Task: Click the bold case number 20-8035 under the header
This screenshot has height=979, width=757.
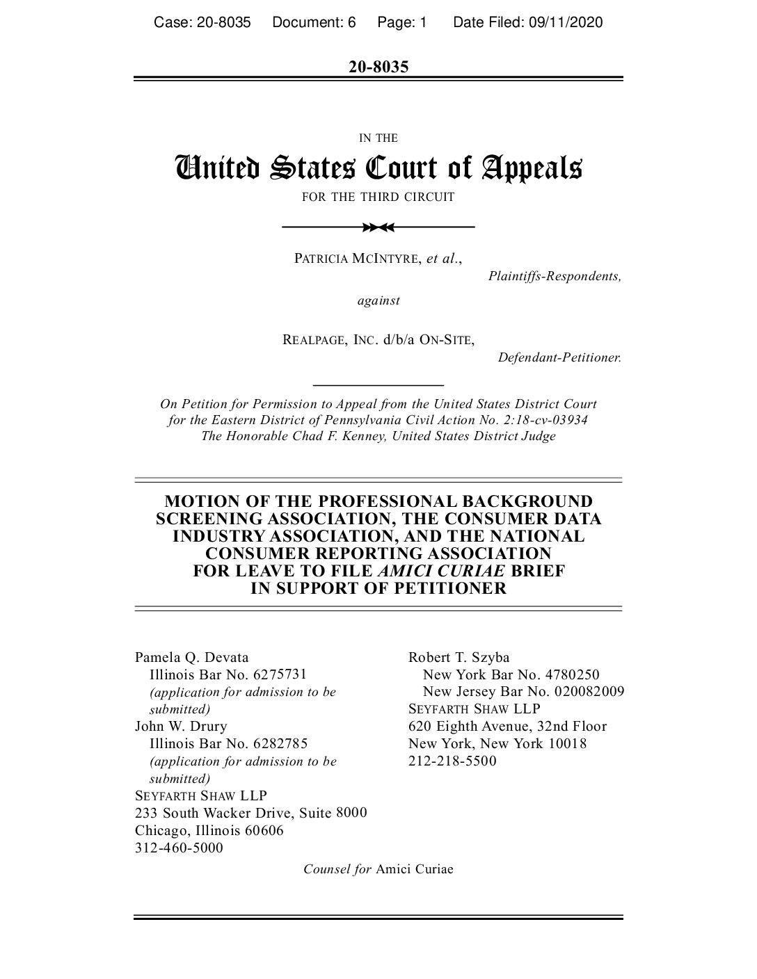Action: tap(378, 67)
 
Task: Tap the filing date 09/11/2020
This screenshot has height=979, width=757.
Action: tap(565, 23)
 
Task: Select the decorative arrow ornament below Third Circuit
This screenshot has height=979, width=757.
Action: tap(378, 227)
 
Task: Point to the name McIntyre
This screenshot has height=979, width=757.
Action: tap(385, 259)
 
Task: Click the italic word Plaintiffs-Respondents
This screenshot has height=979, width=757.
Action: tap(555, 276)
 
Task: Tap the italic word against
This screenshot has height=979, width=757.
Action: tap(378, 300)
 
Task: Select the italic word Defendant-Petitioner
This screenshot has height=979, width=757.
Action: tap(559, 357)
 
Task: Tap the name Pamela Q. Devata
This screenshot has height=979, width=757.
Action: tap(191, 657)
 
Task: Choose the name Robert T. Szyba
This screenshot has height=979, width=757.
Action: tap(459, 657)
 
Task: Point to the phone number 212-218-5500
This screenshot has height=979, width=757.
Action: tap(453, 761)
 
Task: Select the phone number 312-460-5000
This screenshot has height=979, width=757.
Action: tap(179, 848)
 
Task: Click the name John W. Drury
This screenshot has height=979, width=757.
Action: tap(181, 726)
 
